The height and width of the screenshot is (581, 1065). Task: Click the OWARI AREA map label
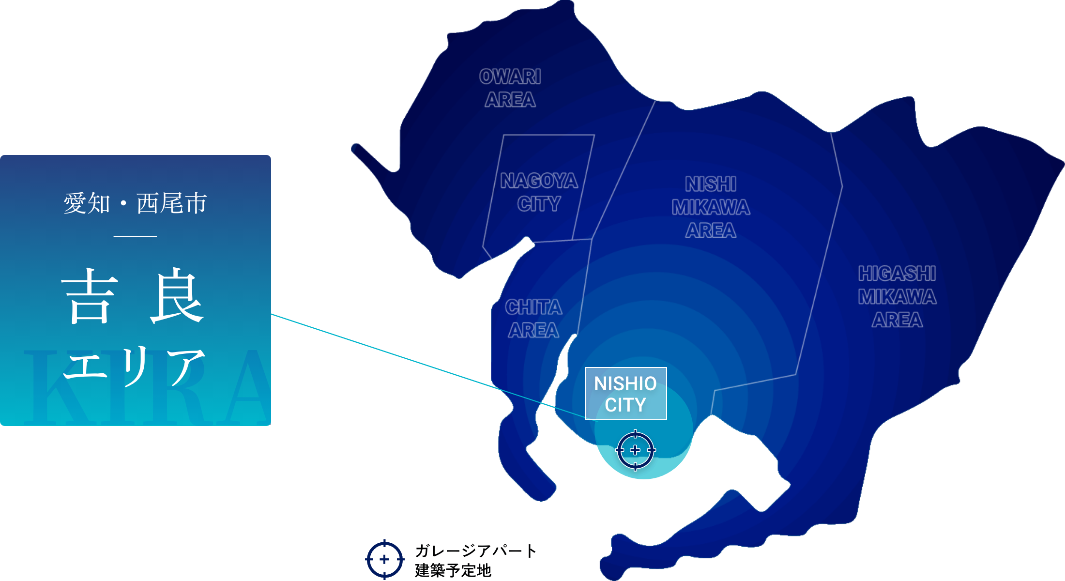[510, 88]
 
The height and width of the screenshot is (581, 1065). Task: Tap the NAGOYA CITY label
[539, 192]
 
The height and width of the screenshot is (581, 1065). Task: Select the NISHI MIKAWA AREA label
[711, 207]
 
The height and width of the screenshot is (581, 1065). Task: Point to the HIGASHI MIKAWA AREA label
[897, 296]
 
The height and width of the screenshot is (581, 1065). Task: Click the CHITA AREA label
[533, 319]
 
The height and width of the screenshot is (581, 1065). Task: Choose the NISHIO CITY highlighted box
[625, 394]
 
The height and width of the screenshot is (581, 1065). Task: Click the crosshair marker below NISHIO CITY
[636, 450]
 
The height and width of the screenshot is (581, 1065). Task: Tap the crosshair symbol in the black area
[385, 560]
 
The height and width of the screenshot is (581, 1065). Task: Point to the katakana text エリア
[135, 366]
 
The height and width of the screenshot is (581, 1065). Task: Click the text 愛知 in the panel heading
[87, 203]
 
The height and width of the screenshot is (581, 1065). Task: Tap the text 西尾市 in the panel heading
[172, 203]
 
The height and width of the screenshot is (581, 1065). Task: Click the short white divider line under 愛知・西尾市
[135, 236]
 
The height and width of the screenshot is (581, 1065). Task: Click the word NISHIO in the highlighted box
[625, 383]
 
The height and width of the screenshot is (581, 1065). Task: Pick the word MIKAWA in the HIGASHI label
[897, 296]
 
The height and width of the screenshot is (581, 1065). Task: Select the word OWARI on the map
[510, 76]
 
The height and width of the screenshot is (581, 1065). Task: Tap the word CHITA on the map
[533, 307]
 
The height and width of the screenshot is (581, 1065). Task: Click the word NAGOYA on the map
[539, 181]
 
